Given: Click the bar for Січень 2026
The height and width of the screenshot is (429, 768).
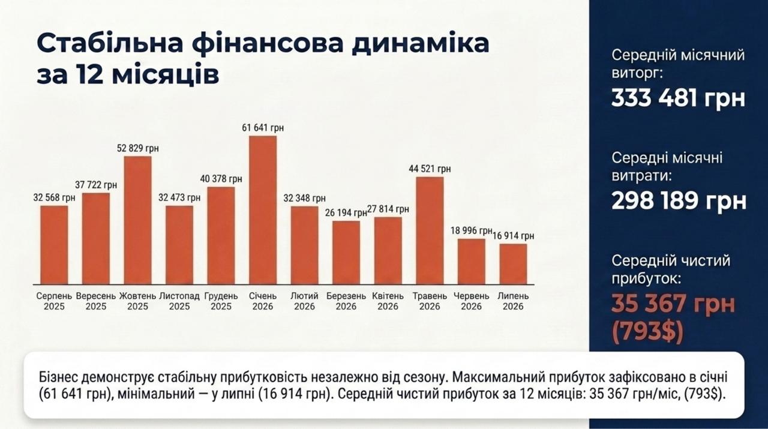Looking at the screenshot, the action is [x=263, y=210].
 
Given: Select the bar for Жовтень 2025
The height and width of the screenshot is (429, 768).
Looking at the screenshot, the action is [x=137, y=221].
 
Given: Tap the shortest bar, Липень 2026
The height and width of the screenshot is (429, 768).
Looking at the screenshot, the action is [x=513, y=264].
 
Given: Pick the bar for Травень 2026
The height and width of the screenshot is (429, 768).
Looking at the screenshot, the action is [x=430, y=231].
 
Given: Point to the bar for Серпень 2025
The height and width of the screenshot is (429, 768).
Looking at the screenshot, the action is [x=54, y=245].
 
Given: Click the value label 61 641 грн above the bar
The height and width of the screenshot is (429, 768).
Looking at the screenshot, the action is [x=263, y=128].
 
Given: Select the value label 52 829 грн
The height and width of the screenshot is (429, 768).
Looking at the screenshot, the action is [x=138, y=148].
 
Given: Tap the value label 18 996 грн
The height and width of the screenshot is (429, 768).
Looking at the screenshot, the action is [x=472, y=230].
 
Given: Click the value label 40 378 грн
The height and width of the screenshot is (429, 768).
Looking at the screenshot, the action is [x=221, y=179].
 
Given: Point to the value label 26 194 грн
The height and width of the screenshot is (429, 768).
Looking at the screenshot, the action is [x=346, y=213].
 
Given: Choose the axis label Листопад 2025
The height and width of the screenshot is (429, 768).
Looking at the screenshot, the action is [x=179, y=301].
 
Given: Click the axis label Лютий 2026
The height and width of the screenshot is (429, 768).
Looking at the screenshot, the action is [x=304, y=301].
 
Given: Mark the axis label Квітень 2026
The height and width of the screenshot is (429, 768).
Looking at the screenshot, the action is [x=388, y=301].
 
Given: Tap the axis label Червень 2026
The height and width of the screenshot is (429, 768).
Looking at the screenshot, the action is [x=471, y=301].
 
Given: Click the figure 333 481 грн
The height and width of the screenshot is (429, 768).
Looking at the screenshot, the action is [x=678, y=98].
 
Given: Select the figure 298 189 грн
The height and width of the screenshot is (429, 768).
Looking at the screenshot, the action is [x=679, y=201].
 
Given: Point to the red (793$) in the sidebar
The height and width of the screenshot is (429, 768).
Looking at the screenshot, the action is [x=647, y=332].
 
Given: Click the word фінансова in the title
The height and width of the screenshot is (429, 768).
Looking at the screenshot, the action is [x=268, y=44].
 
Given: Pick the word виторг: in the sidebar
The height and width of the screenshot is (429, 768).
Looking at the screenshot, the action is [x=637, y=73].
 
